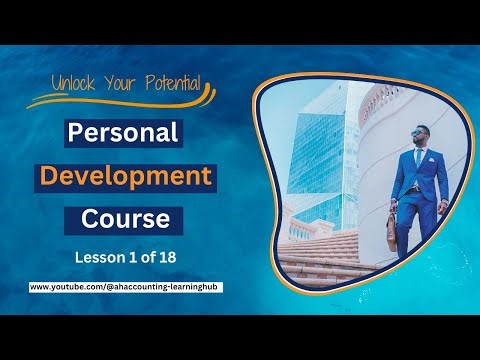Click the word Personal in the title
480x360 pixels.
tap(122, 133)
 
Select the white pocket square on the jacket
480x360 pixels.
tap(430, 162)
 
